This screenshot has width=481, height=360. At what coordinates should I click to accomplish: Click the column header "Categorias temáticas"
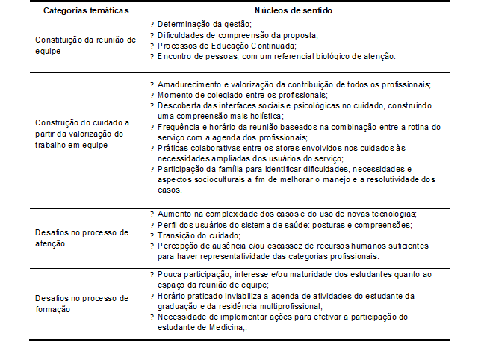pos(85,11)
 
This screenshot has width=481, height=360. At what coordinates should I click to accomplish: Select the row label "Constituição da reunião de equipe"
pos(85,45)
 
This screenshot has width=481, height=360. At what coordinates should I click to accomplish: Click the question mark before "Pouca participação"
pos(152,274)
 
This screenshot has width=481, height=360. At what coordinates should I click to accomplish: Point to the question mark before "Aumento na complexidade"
pos(152,214)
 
